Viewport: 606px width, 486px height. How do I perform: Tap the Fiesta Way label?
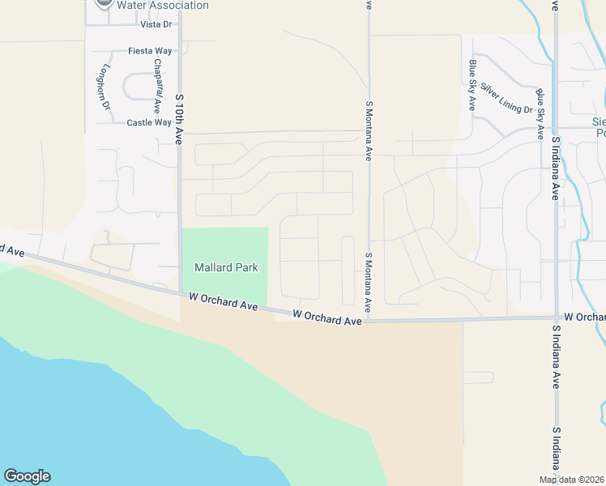pos(151,51)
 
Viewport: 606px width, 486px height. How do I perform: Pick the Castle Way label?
pos(149,123)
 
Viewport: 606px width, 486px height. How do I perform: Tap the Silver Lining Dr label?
pos(506,98)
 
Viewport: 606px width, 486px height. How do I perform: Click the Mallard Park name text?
pos(226,267)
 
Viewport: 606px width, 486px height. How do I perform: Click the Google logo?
pos(27,476)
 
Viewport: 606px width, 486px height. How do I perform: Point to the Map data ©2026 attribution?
pos(571,480)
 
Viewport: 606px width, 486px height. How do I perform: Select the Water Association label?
pos(162,6)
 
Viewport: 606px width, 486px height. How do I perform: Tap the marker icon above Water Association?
pos(104,2)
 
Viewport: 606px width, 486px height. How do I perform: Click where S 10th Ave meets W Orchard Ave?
pos(180,293)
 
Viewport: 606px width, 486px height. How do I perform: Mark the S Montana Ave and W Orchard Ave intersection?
pos(369,321)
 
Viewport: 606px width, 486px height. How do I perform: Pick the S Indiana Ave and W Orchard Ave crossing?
pos(556,318)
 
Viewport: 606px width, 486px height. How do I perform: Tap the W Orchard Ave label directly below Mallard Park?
pos(224,302)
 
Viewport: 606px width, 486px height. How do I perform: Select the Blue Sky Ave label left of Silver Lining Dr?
pos(472,85)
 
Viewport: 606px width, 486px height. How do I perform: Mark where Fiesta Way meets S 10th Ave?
pos(180,51)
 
